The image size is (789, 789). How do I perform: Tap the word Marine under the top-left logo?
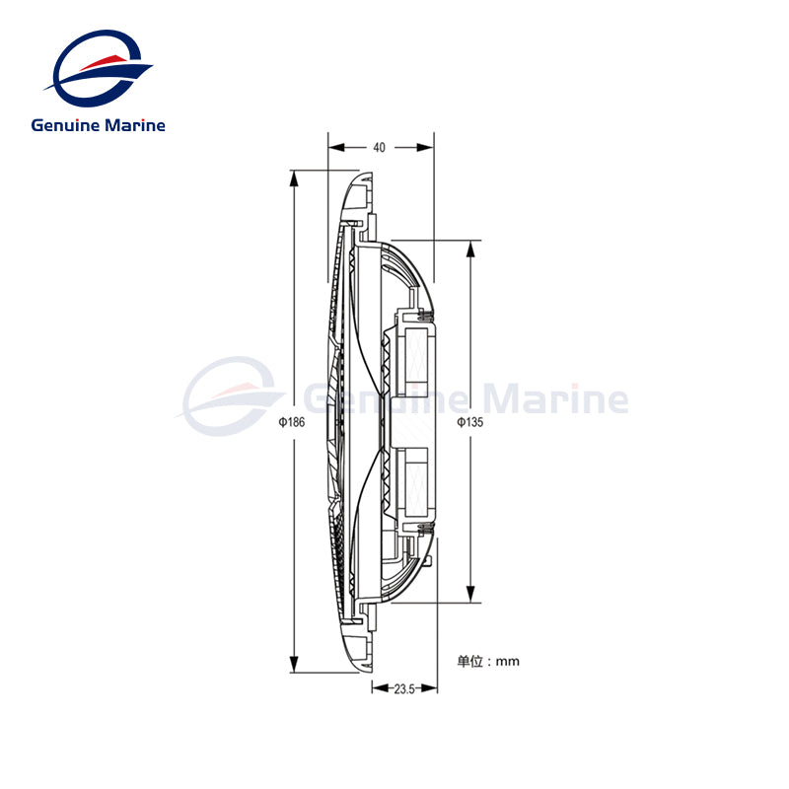tap(133, 125)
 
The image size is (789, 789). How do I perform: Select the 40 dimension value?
tap(379, 148)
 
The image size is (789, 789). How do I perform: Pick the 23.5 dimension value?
tap(402, 689)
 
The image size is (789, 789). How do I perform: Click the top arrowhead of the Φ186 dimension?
tap(294, 179)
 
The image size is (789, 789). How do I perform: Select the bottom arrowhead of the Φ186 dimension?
tap(294, 667)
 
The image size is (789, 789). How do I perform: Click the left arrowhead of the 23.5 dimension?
tap(376, 689)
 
